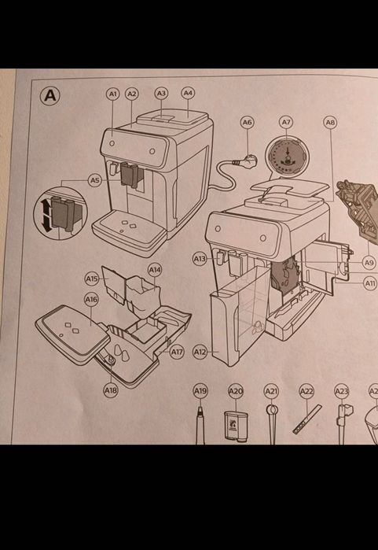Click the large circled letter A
(x=50, y=95)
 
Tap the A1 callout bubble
(x=112, y=94)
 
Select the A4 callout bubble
(x=188, y=93)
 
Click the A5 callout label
(x=94, y=180)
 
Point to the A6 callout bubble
(x=248, y=122)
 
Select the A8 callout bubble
(x=330, y=122)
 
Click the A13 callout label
(x=200, y=258)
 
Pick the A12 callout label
(x=200, y=352)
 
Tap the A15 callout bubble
(x=92, y=279)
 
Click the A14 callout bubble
(x=155, y=270)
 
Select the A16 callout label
(x=91, y=299)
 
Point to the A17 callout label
(x=178, y=352)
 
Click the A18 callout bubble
(x=110, y=389)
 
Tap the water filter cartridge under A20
(x=236, y=427)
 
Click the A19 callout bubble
(x=200, y=390)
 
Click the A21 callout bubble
(x=271, y=390)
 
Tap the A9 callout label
(x=369, y=262)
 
